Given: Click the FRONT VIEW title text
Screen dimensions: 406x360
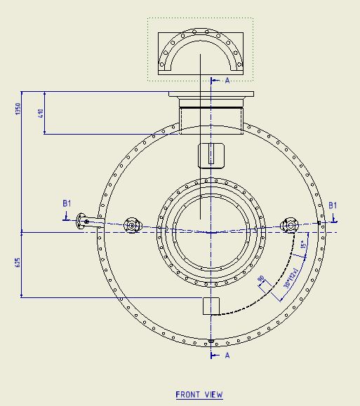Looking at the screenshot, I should pos(199,395).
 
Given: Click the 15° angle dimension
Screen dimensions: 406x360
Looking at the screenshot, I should pos(303,245).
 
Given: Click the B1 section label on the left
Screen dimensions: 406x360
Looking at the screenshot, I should pos(67,203).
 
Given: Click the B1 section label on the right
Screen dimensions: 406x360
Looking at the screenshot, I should pos(333,205).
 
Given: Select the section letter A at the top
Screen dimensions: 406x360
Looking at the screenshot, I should pos(227,81).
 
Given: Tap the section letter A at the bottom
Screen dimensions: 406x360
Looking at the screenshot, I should pos(227,356).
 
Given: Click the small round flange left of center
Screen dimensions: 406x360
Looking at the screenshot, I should pos(131,225).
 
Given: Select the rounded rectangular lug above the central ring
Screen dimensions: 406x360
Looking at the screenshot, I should pos(211,155).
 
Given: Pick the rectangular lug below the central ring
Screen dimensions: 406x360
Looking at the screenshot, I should pos(211,306).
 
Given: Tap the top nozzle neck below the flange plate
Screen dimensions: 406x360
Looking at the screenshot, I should pos(211,116).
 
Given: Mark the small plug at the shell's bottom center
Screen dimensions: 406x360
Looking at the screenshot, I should pos(211,341).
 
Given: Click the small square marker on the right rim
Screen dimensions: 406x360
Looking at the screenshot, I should pos(319,223).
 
